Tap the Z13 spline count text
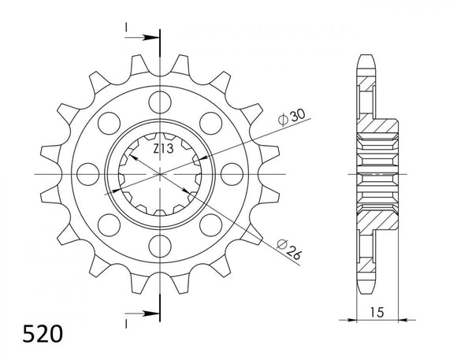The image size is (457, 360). [162, 150]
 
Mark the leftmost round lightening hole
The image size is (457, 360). [89, 172]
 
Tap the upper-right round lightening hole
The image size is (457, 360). [210, 122]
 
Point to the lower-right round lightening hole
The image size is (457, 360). [210, 222]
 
